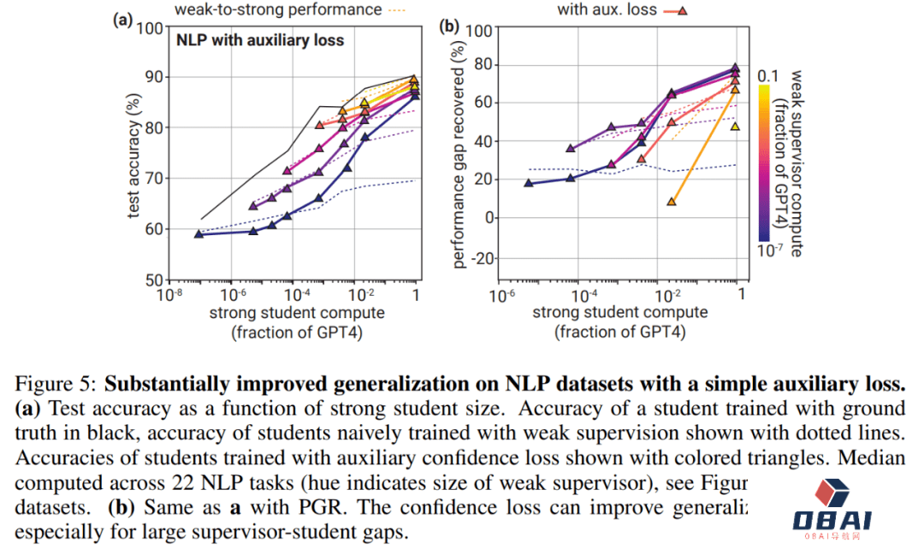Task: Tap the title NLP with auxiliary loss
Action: (x=259, y=39)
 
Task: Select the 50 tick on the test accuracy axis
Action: (x=153, y=280)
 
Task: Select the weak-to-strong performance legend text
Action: (x=278, y=9)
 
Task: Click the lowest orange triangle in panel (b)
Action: (x=672, y=202)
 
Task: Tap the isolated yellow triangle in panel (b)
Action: (x=735, y=127)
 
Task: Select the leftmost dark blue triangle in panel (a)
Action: (x=198, y=233)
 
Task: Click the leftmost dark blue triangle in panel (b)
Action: (x=528, y=183)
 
